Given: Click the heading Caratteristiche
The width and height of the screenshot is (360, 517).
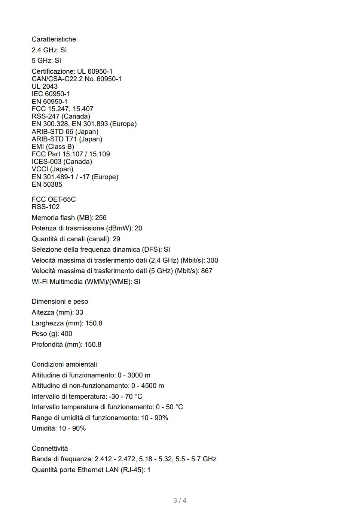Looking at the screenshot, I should pyautogui.click(x=54, y=39).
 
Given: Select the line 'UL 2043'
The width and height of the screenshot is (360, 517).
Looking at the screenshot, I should pyautogui.click(x=45, y=86).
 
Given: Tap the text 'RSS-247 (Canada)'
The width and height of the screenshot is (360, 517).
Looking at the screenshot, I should pyautogui.click(x=61, y=116).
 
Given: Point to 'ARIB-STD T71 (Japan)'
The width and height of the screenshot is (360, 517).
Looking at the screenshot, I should pyautogui.click(x=67, y=139).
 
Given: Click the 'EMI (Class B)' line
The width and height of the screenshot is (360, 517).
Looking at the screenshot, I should pyautogui.click(x=53, y=147).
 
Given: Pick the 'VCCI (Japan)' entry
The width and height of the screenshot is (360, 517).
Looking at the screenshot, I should pyautogui.click(x=52, y=169).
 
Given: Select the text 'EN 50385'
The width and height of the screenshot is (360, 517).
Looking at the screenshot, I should pyautogui.click(x=47, y=184).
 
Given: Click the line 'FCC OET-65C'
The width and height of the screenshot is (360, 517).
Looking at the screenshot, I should pyautogui.click(x=54, y=199).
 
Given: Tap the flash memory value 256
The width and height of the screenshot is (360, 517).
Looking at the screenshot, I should pyautogui.click(x=101, y=218).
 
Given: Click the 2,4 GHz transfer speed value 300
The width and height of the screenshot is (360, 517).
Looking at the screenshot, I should pyautogui.click(x=212, y=260).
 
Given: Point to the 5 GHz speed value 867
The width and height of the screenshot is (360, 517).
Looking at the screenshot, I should pyautogui.click(x=207, y=271).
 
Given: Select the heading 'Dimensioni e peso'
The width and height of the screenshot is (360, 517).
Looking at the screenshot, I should pyautogui.click(x=60, y=302).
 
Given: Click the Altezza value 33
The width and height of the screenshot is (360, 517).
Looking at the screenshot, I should pyautogui.click(x=79, y=312).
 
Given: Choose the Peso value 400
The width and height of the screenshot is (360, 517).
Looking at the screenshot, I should pyautogui.click(x=66, y=334).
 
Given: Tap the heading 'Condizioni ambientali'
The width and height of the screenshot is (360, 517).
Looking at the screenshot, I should pyautogui.click(x=64, y=364).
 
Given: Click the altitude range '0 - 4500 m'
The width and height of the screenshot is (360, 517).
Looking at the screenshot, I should pyautogui.click(x=147, y=386).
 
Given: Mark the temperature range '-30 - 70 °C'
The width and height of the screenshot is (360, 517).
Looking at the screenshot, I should pyautogui.click(x=125, y=397).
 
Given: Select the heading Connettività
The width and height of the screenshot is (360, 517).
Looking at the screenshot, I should pyautogui.click(x=50, y=449).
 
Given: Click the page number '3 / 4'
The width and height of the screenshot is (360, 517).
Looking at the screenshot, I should pyautogui.click(x=180, y=501).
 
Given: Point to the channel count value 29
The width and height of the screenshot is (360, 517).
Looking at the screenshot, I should pyautogui.click(x=116, y=239).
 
